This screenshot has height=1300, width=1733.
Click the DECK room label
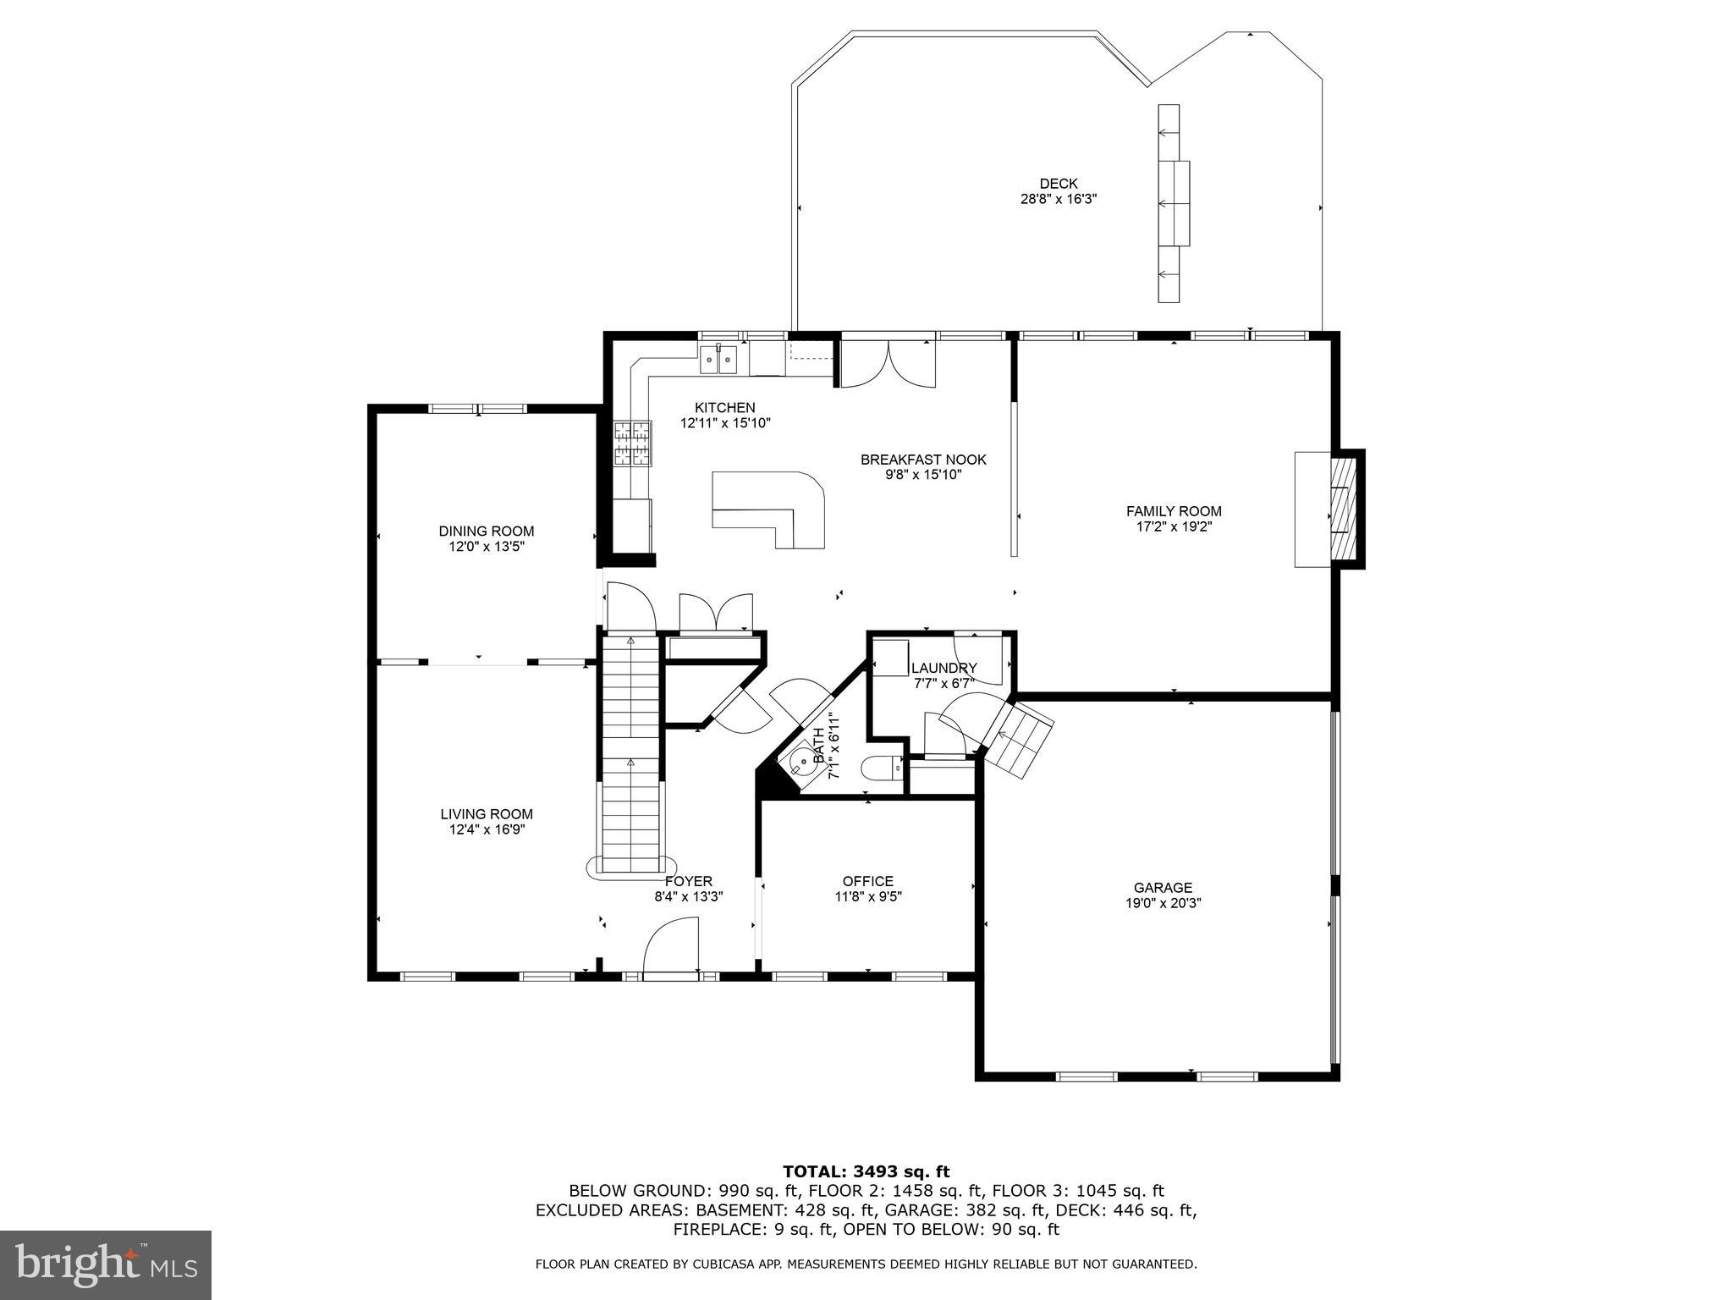click(1059, 184)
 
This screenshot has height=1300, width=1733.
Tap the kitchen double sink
click(718, 361)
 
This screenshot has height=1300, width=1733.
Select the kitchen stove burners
click(632, 444)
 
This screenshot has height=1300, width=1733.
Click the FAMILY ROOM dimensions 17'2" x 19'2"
click(1174, 526)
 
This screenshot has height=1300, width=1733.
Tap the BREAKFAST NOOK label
click(923, 460)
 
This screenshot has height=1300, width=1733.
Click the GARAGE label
click(1163, 888)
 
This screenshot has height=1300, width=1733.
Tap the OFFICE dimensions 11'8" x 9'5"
click(867, 897)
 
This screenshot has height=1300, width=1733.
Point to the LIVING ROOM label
click(487, 814)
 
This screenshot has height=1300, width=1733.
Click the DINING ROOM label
click(487, 532)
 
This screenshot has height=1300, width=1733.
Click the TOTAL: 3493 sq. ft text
click(866, 1172)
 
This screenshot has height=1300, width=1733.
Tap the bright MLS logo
click(106, 1264)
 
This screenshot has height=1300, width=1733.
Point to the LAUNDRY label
click(944, 668)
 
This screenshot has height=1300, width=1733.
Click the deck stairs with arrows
click(1172, 203)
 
